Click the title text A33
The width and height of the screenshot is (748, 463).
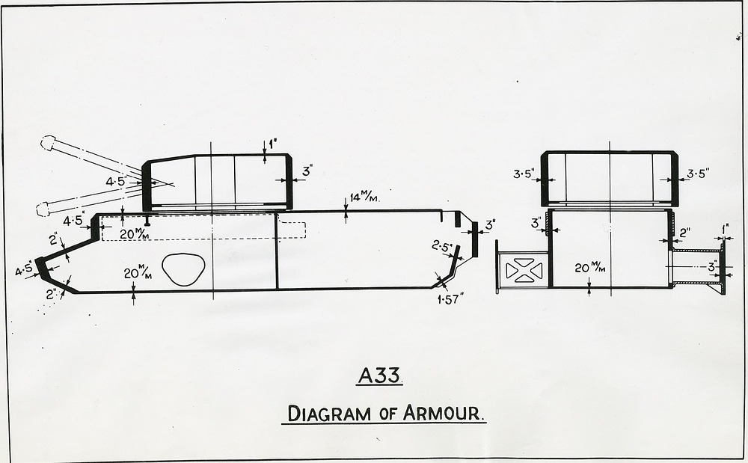tap(380, 375)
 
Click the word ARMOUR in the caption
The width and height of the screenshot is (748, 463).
tap(443, 413)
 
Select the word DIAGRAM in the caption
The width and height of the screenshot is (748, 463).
tap(329, 414)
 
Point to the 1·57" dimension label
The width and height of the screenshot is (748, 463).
tap(450, 299)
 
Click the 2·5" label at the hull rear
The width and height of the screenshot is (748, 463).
tap(442, 246)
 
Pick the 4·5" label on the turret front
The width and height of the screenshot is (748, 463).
tap(116, 181)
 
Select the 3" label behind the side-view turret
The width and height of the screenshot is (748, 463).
tap(307, 171)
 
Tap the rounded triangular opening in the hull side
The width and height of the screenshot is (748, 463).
tap(184, 269)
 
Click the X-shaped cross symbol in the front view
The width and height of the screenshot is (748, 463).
tap(524, 270)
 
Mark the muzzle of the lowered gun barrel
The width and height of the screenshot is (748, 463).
tap(43, 209)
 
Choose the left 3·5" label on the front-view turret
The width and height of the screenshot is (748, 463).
tap(524, 174)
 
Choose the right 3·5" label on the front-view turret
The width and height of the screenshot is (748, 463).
tap(698, 174)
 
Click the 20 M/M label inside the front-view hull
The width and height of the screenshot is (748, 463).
tap(590, 268)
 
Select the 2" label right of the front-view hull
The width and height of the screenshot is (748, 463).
tap(685, 233)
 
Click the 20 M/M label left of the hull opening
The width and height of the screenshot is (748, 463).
tap(138, 273)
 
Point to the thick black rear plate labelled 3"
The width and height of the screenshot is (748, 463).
tap(475, 239)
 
